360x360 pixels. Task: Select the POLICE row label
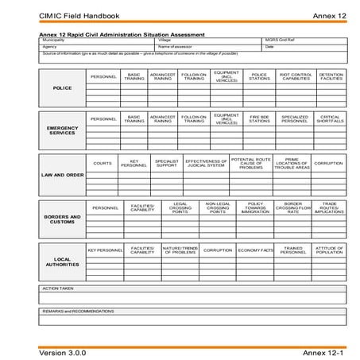point(62,88)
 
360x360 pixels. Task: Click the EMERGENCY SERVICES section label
point(62,130)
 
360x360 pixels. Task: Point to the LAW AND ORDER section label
point(62,175)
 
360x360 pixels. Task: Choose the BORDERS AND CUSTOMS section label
point(62,219)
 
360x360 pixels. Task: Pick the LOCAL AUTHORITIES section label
point(62,261)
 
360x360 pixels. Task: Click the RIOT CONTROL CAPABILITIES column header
point(295,77)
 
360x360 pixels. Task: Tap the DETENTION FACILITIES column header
point(330,77)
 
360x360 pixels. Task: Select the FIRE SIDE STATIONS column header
point(260,119)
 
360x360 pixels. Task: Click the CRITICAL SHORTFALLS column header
point(330,119)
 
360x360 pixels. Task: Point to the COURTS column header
point(102,163)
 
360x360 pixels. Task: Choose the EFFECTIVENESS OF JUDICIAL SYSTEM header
point(206,163)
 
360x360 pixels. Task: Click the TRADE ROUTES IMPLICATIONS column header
point(329,208)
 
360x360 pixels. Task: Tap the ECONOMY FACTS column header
point(256,250)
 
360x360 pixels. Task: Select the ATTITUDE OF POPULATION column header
point(329,250)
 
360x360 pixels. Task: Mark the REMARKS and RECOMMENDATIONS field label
point(77,311)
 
